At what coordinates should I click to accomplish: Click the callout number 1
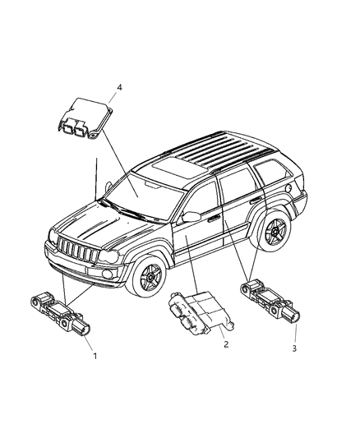pos(94,358)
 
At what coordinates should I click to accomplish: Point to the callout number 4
pos(120,86)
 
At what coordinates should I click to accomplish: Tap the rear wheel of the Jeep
pos(272,234)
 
